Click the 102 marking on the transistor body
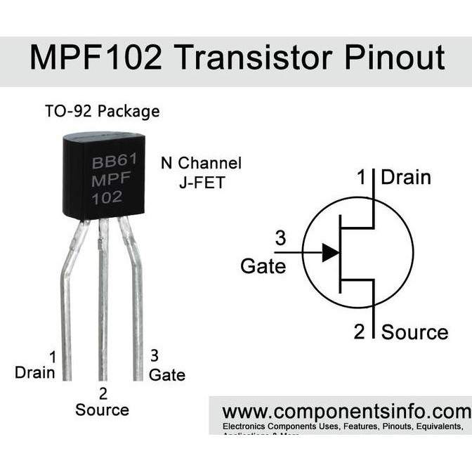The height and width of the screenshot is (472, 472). (107, 197)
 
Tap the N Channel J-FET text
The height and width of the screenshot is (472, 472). (201, 172)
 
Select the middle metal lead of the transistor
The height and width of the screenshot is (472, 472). (103, 302)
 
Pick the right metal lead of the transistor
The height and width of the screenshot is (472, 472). (136, 295)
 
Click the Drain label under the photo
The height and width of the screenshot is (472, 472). (35, 372)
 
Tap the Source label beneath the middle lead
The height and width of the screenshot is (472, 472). (103, 409)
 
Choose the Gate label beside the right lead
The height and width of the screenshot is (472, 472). (167, 375)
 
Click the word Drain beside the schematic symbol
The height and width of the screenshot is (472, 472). (405, 177)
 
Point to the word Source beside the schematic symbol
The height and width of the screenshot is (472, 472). (414, 332)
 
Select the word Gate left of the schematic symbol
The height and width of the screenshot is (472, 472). (263, 266)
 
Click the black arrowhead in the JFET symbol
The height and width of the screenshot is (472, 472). (330, 252)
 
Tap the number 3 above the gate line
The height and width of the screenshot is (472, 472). (280, 239)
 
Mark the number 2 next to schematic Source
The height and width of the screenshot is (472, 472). (360, 332)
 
